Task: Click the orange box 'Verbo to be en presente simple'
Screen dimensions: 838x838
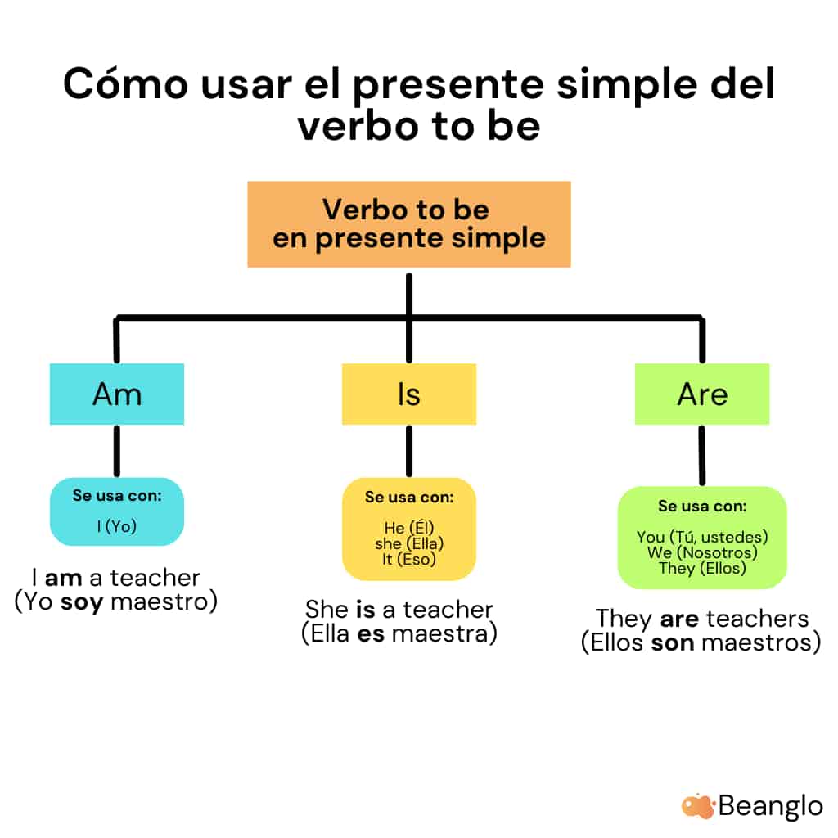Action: tap(408, 223)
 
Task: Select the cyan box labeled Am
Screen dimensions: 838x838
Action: tap(117, 394)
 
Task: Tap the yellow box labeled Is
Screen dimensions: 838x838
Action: tap(408, 394)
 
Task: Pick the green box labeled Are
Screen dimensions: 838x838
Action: tap(701, 394)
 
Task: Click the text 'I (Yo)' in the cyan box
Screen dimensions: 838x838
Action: tap(117, 526)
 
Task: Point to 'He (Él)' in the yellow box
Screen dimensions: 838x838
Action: tap(408, 528)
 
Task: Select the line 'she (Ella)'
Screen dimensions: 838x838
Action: tap(408, 543)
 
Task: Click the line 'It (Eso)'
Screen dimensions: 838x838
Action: tap(408, 559)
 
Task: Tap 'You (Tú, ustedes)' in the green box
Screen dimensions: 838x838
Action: tap(701, 537)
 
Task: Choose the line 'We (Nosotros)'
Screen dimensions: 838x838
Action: tap(701, 552)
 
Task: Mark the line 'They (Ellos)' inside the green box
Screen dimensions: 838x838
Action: tap(701, 568)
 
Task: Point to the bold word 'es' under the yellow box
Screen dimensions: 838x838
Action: tap(370, 633)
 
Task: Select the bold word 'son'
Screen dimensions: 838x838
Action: tap(673, 642)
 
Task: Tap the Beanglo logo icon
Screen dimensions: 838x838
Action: tap(698, 805)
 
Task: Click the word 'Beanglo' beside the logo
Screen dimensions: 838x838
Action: tap(770, 805)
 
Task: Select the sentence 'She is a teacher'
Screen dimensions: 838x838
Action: tap(399, 610)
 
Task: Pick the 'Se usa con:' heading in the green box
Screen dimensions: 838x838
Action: tap(701, 507)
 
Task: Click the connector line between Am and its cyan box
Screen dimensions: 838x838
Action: tap(117, 451)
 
